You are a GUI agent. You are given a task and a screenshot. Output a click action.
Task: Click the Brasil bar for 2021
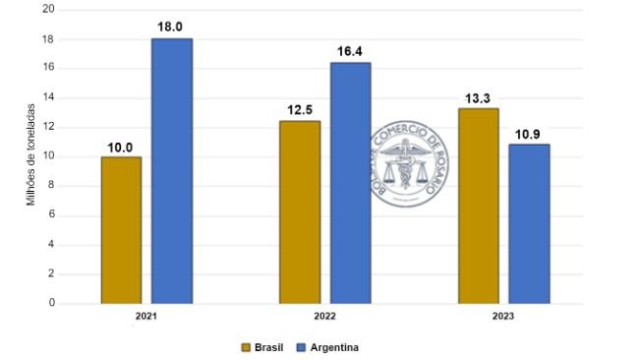tap(121, 230)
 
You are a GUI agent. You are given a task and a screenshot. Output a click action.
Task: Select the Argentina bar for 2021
tap(171, 171)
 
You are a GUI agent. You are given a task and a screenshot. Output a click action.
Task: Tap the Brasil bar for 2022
tap(300, 212)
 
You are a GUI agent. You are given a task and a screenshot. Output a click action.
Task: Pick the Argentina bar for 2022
tap(350, 183)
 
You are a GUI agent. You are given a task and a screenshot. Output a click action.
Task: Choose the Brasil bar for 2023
tap(479, 206)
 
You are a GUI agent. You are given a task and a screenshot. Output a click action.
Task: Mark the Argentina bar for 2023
tap(529, 224)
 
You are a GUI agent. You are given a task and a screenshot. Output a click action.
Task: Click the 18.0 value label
tap(171, 28)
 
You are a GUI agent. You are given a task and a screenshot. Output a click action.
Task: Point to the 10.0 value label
tap(121, 147)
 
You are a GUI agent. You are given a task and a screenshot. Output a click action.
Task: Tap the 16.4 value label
tap(350, 51)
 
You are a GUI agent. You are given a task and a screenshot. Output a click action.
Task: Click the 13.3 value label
tap(479, 97)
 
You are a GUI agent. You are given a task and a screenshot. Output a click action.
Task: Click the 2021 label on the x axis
tap(146, 317)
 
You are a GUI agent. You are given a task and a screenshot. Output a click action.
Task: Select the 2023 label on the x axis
tap(504, 317)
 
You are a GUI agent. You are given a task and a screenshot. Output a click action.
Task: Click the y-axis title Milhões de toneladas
tap(30, 154)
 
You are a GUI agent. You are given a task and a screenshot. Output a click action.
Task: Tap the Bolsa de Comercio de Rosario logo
tap(414, 166)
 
